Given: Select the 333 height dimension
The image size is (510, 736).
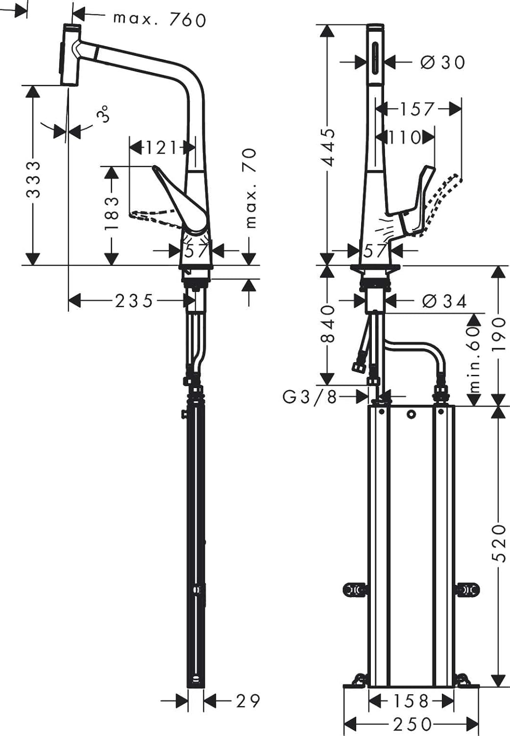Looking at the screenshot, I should click(x=33, y=179).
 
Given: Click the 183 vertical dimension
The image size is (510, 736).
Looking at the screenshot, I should click(x=112, y=213).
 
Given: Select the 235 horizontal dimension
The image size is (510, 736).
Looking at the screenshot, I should click(x=134, y=300).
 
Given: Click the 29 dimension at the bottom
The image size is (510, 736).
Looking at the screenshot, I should click(x=248, y=701).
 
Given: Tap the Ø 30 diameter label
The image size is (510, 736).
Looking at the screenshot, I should click(x=442, y=62).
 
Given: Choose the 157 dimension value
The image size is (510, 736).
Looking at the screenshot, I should click(x=417, y=109).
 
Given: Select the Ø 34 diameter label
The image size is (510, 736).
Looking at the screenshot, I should click(x=444, y=301).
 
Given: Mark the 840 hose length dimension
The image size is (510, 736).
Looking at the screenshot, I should click(x=328, y=324).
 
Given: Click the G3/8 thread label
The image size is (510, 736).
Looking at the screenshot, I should click(x=310, y=396).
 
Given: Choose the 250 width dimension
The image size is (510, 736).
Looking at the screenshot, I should click(x=412, y=724).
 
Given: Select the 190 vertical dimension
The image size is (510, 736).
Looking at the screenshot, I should click(x=498, y=334).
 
